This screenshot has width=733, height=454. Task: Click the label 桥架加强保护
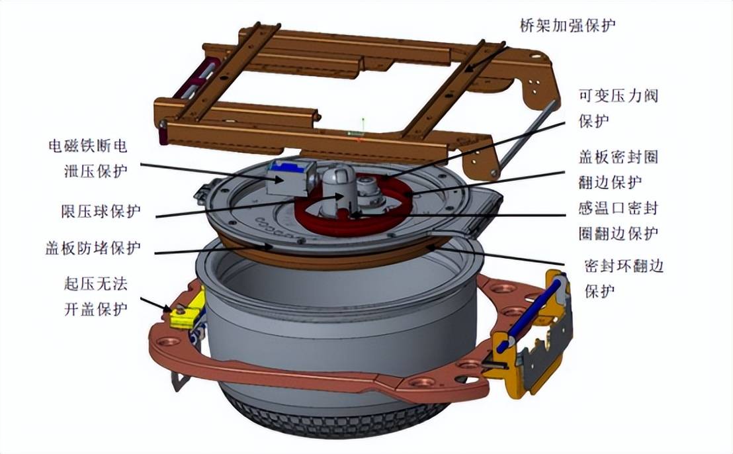click(568, 24)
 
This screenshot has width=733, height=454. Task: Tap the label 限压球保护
click(101, 211)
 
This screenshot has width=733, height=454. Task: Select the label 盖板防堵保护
click(93, 248)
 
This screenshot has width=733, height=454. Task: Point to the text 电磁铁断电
click(88, 146)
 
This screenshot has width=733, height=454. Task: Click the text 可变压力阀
click(619, 96)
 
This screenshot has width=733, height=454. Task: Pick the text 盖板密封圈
click(619, 157)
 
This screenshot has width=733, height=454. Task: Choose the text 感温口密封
click(619, 208)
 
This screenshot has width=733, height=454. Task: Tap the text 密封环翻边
click(624, 267)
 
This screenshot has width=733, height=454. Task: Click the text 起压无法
click(96, 284)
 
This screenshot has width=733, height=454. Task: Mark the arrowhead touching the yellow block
click(167, 308)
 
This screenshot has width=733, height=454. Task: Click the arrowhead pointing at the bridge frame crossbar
click(469, 68)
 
